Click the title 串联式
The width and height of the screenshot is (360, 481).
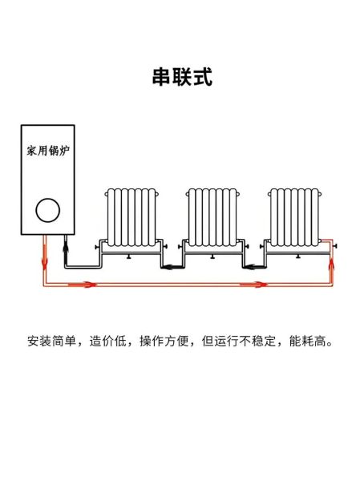[181, 77]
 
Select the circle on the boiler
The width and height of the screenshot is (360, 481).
[47, 211]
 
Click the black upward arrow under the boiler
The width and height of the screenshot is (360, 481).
[67, 252]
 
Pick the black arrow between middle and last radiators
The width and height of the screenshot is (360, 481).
[250, 267]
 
